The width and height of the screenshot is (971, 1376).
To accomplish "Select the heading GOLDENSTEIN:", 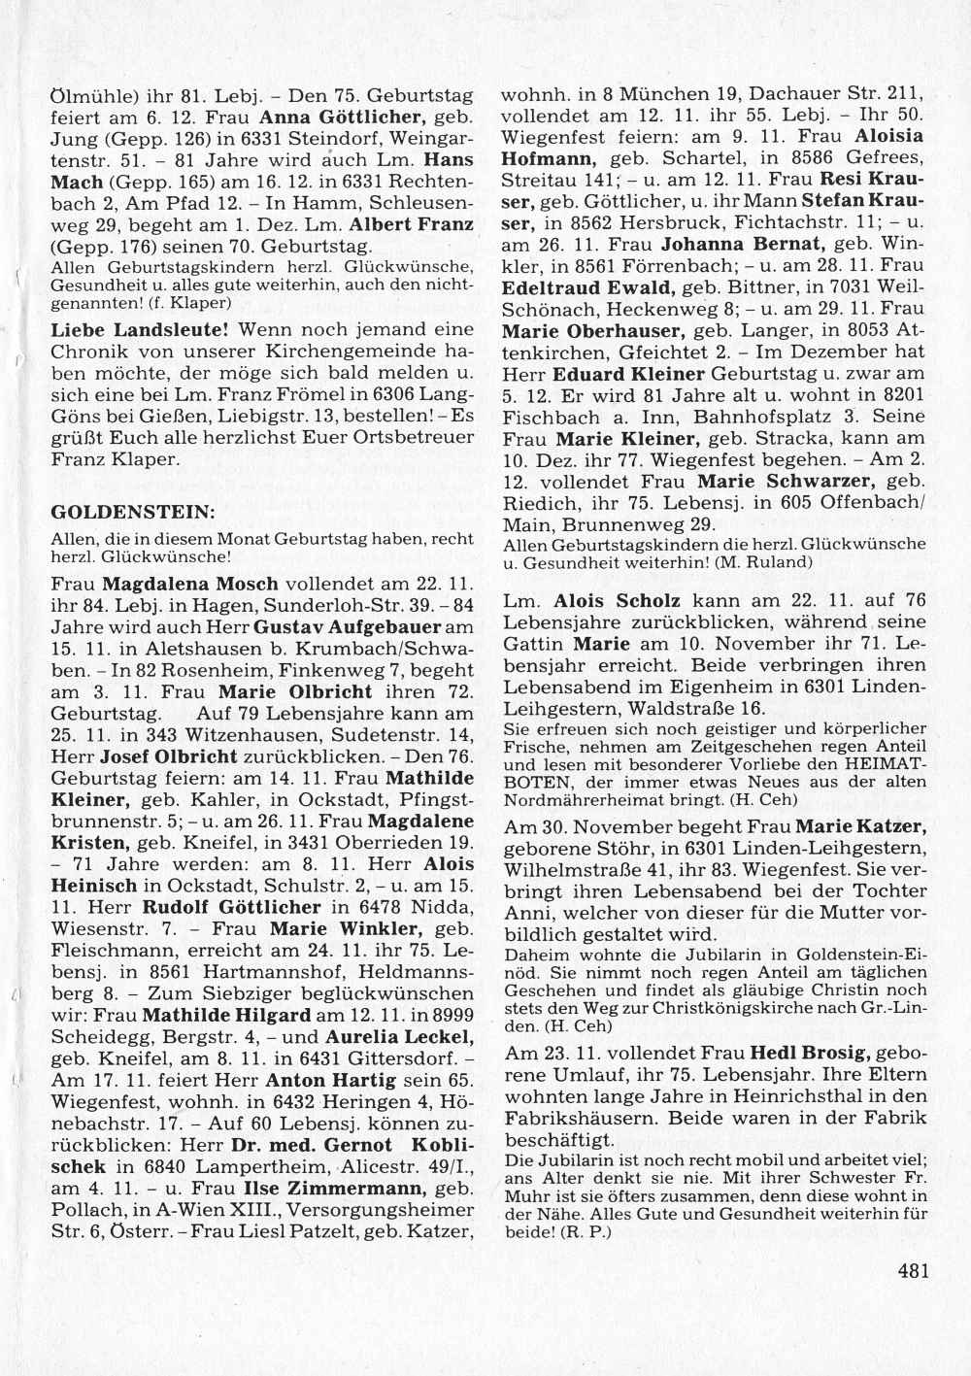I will tap(133, 511).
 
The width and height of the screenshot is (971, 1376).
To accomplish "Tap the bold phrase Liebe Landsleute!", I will tap(140, 330).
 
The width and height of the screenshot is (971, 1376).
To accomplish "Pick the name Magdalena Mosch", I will tap(190, 585).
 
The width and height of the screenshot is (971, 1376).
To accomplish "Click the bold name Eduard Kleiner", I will tap(628, 374).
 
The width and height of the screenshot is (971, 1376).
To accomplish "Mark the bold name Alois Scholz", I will tap(617, 602).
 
